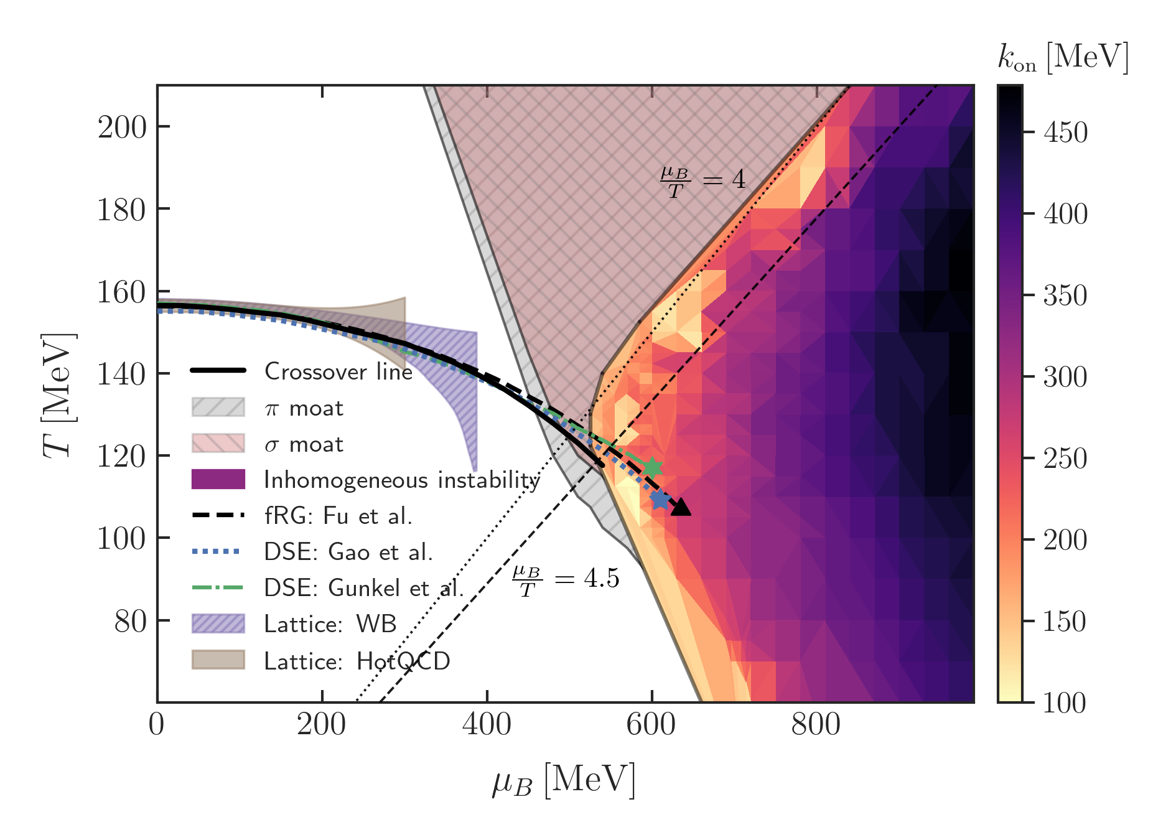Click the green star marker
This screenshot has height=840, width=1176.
point(652,467)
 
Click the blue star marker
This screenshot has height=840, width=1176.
point(660,499)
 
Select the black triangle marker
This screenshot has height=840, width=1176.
point(681,507)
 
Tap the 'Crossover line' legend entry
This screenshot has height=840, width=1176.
point(338,371)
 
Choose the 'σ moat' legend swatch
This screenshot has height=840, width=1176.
point(218,444)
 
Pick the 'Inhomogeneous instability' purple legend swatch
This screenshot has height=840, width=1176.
point(218,480)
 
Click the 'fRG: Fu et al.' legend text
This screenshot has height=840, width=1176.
point(338,516)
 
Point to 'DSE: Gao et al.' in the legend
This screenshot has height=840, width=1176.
point(348,552)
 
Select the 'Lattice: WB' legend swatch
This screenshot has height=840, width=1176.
point(218,623)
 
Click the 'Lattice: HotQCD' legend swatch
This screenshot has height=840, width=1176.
point(218,660)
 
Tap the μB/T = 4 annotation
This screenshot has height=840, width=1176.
point(702,180)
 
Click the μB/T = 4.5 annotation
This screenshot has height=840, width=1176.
point(566,580)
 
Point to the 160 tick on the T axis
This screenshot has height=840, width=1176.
point(122,292)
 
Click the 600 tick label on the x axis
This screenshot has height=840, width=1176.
point(651,724)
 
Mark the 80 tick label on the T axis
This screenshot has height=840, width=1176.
point(130,621)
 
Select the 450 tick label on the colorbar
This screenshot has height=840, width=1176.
point(1065,133)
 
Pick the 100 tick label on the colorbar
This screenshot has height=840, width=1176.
point(1065,702)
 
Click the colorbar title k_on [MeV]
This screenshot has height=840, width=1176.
point(1063,58)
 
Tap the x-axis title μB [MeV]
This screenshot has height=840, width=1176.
point(564,780)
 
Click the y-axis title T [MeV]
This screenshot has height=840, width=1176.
point(59,395)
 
